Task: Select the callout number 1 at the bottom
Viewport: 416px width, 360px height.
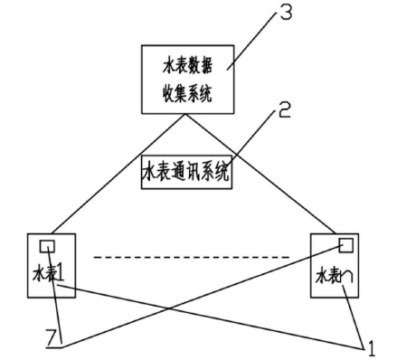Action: tap(370, 345)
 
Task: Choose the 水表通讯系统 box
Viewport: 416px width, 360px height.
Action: tap(186, 171)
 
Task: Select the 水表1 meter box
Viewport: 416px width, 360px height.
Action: tap(44, 264)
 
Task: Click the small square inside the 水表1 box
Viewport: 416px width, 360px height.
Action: tap(47, 245)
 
